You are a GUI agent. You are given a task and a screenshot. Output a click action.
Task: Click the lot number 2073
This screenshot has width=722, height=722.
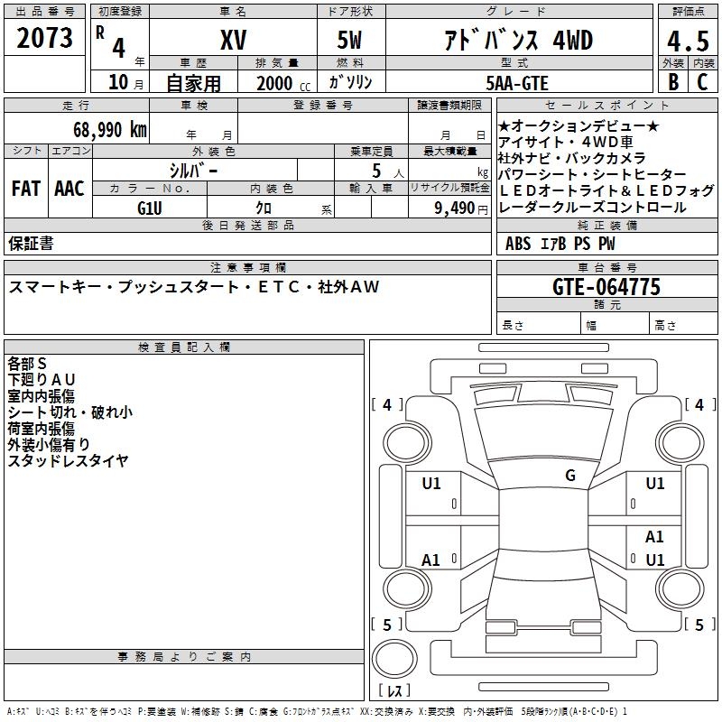point(45,38)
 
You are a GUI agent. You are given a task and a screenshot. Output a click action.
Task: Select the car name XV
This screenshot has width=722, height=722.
point(233,40)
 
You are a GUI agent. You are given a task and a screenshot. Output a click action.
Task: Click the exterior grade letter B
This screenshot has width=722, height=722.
point(672,82)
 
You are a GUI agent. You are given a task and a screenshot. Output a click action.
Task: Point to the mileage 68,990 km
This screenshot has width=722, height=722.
point(104,129)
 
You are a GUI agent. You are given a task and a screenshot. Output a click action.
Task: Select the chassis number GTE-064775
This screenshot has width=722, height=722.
point(606,288)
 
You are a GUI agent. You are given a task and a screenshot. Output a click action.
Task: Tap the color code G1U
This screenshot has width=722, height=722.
point(150,208)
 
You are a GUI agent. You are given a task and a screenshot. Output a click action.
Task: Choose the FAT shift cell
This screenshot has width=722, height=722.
point(25,189)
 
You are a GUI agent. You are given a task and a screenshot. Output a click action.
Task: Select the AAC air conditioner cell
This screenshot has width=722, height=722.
point(69,189)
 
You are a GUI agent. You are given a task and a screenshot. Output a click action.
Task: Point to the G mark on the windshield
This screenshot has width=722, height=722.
point(569,476)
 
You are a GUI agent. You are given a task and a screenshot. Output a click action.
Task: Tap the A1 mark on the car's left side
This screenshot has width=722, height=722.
point(431,560)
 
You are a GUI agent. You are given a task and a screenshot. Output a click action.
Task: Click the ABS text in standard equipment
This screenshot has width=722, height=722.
point(518,244)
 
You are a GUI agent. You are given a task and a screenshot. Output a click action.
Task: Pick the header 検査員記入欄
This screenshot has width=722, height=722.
point(184,347)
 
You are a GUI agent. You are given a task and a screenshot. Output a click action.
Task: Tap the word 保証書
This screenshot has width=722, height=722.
point(31,243)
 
